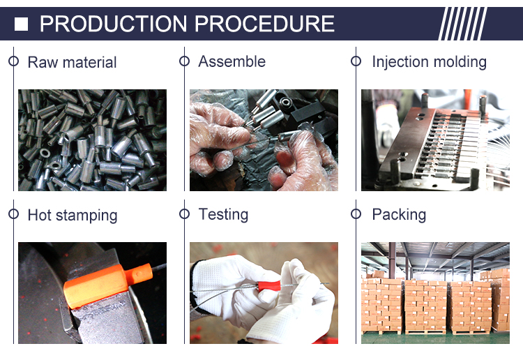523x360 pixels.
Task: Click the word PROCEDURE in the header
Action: pyautogui.click(x=264, y=24)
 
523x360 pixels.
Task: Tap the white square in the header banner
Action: pyautogui.click(x=21, y=24)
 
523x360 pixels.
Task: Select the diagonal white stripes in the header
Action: pyautogui.click(x=462, y=24)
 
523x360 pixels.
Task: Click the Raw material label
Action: pyautogui.click(x=72, y=62)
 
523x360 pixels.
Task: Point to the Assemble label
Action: pyautogui.click(x=232, y=61)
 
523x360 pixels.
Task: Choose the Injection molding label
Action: pyautogui.click(x=430, y=62)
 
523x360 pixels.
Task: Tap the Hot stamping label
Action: pyautogui.click(x=73, y=215)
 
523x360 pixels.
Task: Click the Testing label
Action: pyautogui.click(x=223, y=214)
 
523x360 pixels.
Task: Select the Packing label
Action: pyautogui.click(x=399, y=214)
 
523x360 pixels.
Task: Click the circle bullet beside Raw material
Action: pyautogui.click(x=13, y=61)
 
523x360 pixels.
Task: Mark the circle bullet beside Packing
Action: pyautogui.click(x=356, y=214)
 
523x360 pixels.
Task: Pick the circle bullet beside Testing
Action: pyautogui.click(x=185, y=214)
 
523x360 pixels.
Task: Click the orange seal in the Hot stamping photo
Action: pyautogui.click(x=107, y=283)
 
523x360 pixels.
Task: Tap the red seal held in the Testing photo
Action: pyautogui.click(x=268, y=285)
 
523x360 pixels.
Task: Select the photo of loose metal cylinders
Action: pyautogui.click(x=92, y=140)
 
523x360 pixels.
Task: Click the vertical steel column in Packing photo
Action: pyautogui.click(x=392, y=260)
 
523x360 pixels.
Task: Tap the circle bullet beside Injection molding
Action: pyautogui.click(x=356, y=61)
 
